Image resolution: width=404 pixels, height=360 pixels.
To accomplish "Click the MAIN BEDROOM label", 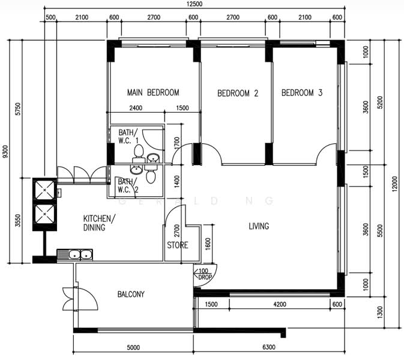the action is point(153,92).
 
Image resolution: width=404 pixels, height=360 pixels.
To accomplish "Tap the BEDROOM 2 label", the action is point(238,93).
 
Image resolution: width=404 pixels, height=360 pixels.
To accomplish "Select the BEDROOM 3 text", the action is point(302,93).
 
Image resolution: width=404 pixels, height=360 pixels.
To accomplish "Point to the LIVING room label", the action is point(259,226).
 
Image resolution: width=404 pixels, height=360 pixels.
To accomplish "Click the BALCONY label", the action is point(131,294).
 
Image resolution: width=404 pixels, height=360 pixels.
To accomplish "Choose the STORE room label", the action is point(178,245).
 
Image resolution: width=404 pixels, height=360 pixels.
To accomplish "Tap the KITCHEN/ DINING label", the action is point(99,223).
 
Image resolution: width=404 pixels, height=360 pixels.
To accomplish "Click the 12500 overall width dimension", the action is point(194,4).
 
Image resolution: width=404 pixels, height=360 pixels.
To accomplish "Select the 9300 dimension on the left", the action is point(5,152).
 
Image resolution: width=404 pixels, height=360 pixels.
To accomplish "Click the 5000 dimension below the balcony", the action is point(133,347).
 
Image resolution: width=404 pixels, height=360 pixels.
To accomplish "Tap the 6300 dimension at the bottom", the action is point(269,347).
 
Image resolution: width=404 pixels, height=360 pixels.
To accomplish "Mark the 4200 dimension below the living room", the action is point(280,304).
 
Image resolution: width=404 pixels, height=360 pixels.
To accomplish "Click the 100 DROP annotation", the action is point(204,274).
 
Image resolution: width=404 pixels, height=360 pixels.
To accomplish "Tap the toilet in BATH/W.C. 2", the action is point(151,174).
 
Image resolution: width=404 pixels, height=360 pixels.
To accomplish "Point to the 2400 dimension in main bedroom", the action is point(136,108).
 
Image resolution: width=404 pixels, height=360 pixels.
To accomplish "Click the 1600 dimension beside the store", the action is point(208,244).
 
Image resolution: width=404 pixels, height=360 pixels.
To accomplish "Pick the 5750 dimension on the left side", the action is point(18,109).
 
